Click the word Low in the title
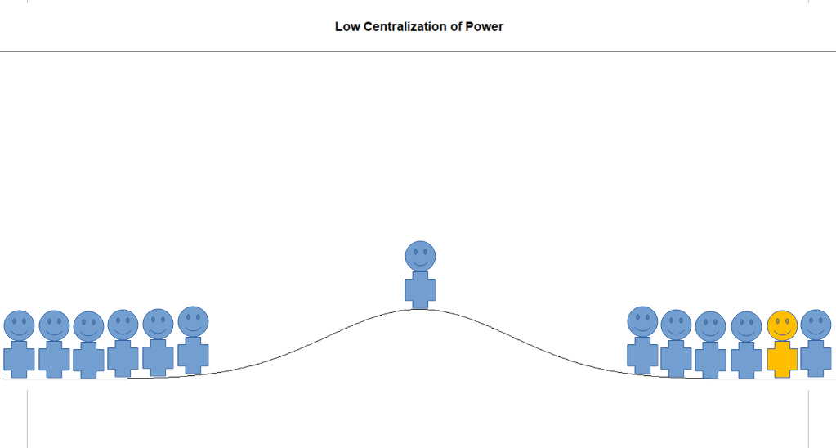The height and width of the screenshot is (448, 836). pyautogui.click(x=346, y=26)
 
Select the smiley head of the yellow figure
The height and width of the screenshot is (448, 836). pyautogui.click(x=782, y=326)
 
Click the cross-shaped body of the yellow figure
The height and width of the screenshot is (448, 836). pyautogui.click(x=782, y=359)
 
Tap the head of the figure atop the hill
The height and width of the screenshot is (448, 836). pyautogui.click(x=420, y=256)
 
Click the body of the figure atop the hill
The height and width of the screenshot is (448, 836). pyautogui.click(x=420, y=290)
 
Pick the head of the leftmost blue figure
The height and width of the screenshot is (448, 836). pyautogui.click(x=20, y=325)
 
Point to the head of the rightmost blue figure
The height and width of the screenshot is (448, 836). pyautogui.click(x=816, y=325)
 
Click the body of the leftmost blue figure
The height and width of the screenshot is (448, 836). pyautogui.click(x=20, y=359)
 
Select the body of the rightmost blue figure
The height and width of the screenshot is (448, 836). pyautogui.click(x=816, y=359)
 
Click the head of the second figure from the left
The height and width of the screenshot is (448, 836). pyautogui.click(x=54, y=325)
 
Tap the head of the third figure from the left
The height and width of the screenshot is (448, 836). pyautogui.click(x=88, y=326)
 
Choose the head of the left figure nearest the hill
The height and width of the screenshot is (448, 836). pyautogui.click(x=193, y=321)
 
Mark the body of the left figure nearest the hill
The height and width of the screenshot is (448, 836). pyautogui.click(x=193, y=355)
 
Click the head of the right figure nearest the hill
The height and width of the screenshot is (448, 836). pyautogui.click(x=642, y=321)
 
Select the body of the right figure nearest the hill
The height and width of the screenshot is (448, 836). pyautogui.click(x=642, y=355)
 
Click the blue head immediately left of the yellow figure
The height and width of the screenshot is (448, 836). pyautogui.click(x=746, y=326)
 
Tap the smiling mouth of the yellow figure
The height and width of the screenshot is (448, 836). pyautogui.click(x=782, y=333)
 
